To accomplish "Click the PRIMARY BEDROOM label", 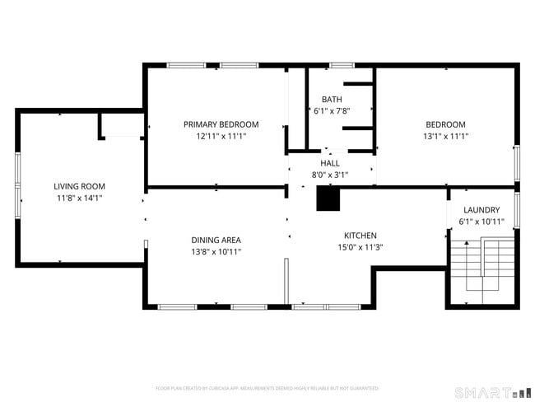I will pyautogui.click(x=221, y=124).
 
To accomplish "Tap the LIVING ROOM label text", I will pyautogui.click(x=80, y=186).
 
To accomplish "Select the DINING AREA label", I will pyautogui.click(x=216, y=241).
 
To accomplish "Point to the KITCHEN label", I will pyautogui.click(x=361, y=235).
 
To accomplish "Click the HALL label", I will pyautogui.click(x=330, y=163).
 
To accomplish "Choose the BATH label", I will pyautogui.click(x=322, y=99).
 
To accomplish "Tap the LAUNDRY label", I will pyautogui.click(x=481, y=210).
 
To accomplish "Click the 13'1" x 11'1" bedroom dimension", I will pyautogui.click(x=445, y=137).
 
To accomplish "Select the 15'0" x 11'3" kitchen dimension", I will pyautogui.click(x=361, y=247).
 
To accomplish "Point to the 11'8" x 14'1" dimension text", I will pyautogui.click(x=80, y=199).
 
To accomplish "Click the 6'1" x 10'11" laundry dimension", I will pyautogui.click(x=481, y=222).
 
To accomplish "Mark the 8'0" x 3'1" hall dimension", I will pyautogui.click(x=330, y=175).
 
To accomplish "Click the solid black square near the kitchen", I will pyautogui.click(x=328, y=199).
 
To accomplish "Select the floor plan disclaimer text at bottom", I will pyautogui.click(x=267, y=387).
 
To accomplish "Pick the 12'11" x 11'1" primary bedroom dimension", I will pyautogui.click(x=221, y=137).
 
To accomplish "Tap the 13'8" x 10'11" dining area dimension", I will pyautogui.click(x=216, y=253).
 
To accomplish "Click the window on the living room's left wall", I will pyautogui.click(x=18, y=186).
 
